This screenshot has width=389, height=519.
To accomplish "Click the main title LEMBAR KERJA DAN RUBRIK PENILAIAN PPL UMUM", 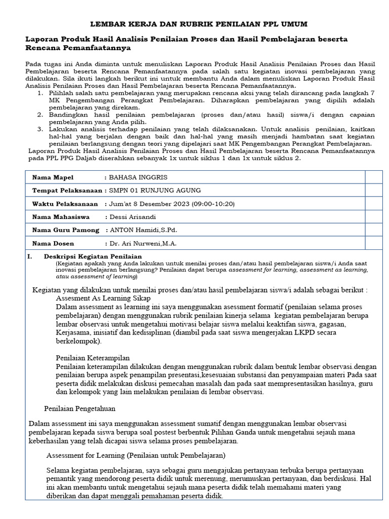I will point(199,24).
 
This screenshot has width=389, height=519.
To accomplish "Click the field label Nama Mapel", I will point(53,177).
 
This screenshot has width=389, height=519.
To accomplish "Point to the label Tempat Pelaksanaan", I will point(67,191).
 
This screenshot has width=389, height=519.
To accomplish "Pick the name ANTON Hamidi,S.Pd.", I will point(144,230).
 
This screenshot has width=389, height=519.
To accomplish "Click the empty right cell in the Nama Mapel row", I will point(374,177).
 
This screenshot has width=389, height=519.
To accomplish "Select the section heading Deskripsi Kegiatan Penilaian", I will point(93,256).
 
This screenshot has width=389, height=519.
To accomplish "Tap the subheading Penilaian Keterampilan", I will point(93,357).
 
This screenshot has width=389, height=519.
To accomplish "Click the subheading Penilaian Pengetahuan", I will point(80,407).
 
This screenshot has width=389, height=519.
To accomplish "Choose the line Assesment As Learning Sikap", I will point(103,299).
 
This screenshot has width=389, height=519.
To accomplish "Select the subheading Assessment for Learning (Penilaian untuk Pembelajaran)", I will point(136,455).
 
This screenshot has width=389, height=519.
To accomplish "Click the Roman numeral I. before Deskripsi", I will point(30,256).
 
